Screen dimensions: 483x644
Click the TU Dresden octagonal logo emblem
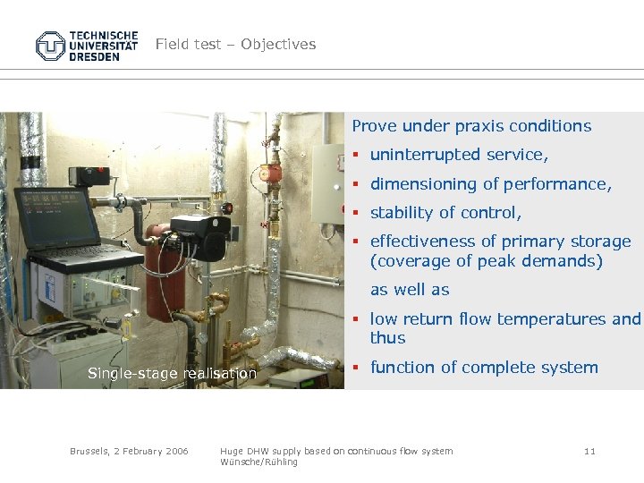51,46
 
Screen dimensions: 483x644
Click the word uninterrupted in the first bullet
426,156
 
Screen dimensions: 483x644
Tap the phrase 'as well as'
410,290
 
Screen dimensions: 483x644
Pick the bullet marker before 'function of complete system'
355,367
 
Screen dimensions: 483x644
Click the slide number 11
589,452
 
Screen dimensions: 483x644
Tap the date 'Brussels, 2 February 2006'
129,452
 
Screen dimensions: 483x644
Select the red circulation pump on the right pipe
272,174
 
